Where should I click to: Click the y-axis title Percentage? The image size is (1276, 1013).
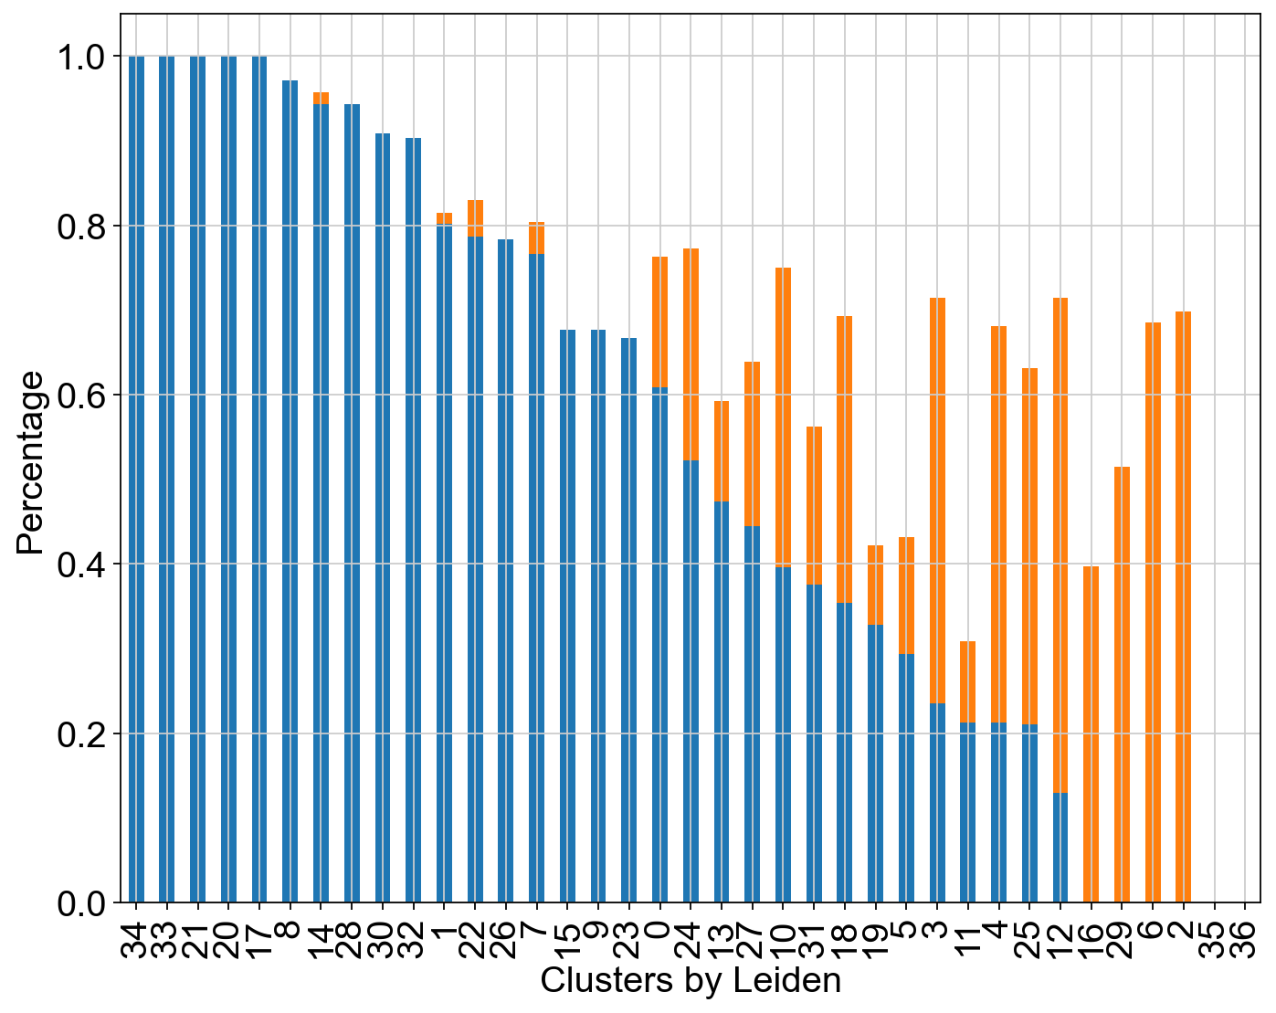[29, 463]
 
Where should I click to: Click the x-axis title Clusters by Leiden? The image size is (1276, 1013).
[691, 980]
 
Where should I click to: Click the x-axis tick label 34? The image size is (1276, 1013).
[136, 940]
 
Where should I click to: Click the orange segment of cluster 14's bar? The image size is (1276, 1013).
[321, 99]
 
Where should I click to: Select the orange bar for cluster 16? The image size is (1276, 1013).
[1091, 734]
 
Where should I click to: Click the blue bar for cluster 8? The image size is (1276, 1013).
[290, 491]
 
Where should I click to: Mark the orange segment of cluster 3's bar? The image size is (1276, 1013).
[937, 501]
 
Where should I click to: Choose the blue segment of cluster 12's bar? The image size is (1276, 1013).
[1060, 848]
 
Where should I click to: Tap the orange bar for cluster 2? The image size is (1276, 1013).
[1183, 607]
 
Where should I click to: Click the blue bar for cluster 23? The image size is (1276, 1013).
[628, 620]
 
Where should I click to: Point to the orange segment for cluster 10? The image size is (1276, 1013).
[784, 417]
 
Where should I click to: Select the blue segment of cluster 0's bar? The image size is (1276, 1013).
[660, 645]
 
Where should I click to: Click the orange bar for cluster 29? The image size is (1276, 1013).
[1122, 685]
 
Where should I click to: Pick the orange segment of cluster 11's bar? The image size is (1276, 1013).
[967, 682]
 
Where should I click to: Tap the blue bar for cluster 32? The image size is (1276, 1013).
[413, 520]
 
